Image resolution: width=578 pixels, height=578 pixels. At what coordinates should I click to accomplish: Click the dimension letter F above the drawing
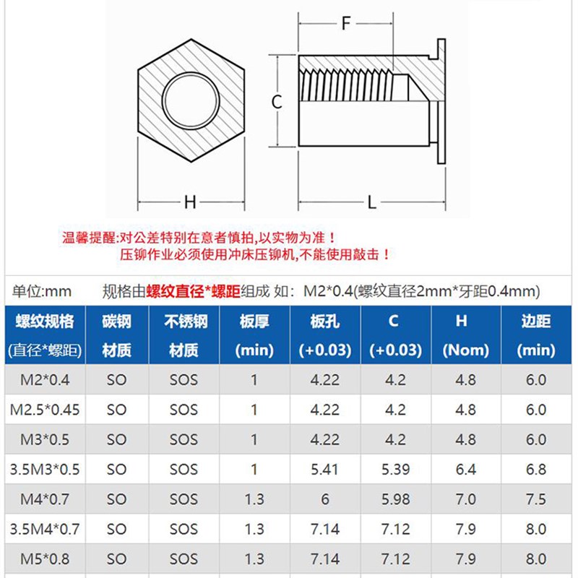pos(346,23)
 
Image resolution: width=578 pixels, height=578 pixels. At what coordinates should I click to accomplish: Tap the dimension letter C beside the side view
pos(277,102)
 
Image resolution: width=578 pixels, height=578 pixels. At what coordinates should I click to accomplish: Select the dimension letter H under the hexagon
pos(190,202)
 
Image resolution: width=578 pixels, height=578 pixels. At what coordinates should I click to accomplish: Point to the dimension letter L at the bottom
pos(372,202)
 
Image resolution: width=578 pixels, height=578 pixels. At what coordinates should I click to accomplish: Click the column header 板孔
pos(324,321)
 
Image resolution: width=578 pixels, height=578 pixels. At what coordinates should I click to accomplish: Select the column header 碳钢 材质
pos(116,335)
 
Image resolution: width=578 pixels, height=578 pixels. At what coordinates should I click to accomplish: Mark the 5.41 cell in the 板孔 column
pos(324,470)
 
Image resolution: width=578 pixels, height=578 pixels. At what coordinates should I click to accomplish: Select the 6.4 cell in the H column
pos(465,470)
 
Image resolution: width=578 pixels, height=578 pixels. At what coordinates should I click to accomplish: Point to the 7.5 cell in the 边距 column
pos(535,499)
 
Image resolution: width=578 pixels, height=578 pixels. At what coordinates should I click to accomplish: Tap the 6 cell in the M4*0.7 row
pos(324,499)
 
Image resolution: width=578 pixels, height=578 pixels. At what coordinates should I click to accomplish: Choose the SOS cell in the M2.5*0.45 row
pos(184,410)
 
